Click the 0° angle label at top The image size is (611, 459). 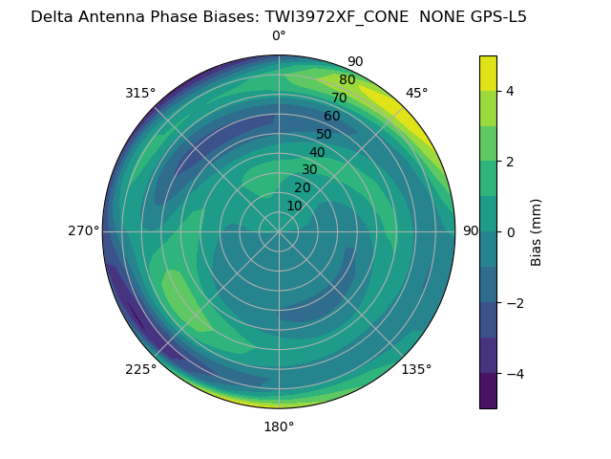279,36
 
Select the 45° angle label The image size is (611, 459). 416,93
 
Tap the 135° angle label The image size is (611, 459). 416,369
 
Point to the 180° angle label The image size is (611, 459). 279,426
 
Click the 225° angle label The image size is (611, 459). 140,369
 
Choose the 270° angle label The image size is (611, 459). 84,231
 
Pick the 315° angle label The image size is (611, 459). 140,93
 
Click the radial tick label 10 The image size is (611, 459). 294,207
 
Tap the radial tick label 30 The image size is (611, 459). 309,170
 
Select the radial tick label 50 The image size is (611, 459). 324,135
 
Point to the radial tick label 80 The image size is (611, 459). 347,80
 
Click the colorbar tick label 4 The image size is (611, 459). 511,91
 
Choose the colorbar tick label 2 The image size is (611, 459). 511,162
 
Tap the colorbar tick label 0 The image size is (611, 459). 511,232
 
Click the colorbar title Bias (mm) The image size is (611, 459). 537,232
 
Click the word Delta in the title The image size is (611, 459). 52,16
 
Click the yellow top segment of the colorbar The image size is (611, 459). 488,73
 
